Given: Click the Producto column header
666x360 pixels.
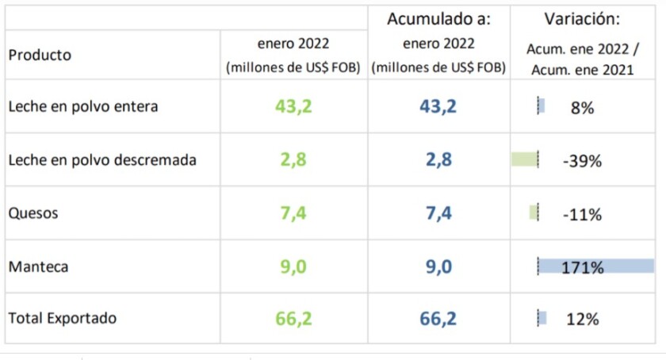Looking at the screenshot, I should tap(39, 55).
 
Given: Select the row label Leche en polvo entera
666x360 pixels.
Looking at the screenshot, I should tap(82, 107).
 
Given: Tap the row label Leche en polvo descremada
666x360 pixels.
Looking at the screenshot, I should tap(101, 160).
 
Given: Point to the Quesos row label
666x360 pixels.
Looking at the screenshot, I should tap(33, 213).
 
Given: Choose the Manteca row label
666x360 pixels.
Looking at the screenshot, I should tap(38, 266).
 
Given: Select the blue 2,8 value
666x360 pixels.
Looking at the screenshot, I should tap(438, 159).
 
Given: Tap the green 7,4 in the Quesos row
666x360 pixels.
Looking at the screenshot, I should tap(293, 213).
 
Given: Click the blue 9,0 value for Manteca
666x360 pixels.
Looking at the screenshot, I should tap(438, 266).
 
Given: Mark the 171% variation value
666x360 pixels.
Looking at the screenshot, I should tap(583, 266).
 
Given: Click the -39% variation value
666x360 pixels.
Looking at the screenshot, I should tap(582, 161).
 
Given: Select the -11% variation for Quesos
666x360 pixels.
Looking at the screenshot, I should tap(582, 214).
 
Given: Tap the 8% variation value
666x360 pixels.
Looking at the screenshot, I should tap(582, 108).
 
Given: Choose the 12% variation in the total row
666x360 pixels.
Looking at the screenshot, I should tap(582, 320).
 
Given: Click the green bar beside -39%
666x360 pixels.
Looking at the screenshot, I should tap(525, 159).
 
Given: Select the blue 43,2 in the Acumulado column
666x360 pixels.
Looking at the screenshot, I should tap(438, 106).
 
